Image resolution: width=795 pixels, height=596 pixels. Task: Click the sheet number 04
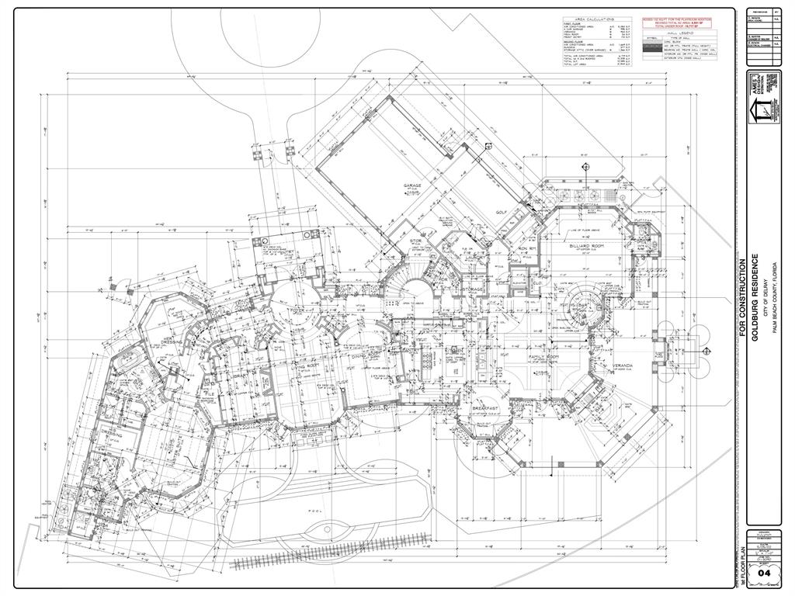coord(763,573)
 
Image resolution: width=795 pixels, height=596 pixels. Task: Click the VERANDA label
coord(624,365)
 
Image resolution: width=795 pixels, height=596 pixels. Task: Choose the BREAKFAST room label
coord(485,407)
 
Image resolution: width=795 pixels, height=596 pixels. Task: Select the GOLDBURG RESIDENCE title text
coord(754,300)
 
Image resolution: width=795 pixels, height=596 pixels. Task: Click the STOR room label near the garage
coord(415,241)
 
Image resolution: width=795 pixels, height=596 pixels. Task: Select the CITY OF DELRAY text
coord(764,300)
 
